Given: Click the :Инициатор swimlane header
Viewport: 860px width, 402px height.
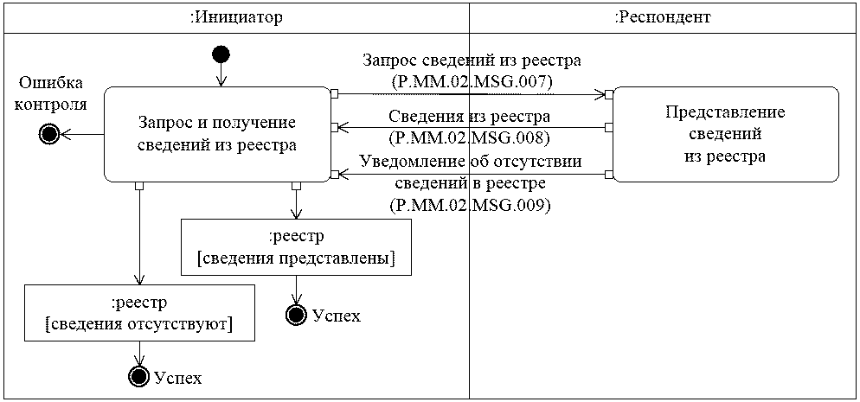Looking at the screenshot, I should (236, 17).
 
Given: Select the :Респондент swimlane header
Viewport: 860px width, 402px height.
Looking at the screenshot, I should (663, 17).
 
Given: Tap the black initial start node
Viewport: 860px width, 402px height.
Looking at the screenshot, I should (221, 55).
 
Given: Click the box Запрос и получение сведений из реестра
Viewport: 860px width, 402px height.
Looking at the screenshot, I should (217, 134).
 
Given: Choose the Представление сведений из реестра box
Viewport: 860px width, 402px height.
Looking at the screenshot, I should (726, 134).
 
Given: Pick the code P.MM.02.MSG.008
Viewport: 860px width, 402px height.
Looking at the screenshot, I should (472, 137).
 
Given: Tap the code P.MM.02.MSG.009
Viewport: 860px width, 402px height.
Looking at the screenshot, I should (472, 206).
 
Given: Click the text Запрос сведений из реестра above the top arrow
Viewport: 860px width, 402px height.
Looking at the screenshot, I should (472, 61).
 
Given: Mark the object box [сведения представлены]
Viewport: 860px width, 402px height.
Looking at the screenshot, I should (296, 247).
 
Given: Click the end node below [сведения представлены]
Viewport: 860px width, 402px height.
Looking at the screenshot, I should (297, 315).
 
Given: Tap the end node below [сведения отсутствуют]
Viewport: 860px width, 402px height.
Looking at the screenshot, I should (138, 376).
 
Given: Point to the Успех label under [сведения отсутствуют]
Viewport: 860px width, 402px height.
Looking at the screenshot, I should (178, 378).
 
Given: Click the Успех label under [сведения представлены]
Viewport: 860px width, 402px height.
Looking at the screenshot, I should (337, 316).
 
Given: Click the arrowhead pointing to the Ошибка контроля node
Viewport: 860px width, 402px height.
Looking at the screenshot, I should (67, 134).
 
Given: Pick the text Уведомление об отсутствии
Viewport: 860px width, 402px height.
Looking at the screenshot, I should (472, 163).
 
